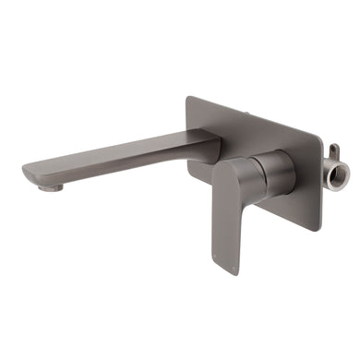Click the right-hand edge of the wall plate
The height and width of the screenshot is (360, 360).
[320, 166]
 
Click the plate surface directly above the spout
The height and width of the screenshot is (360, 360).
[208, 120]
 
